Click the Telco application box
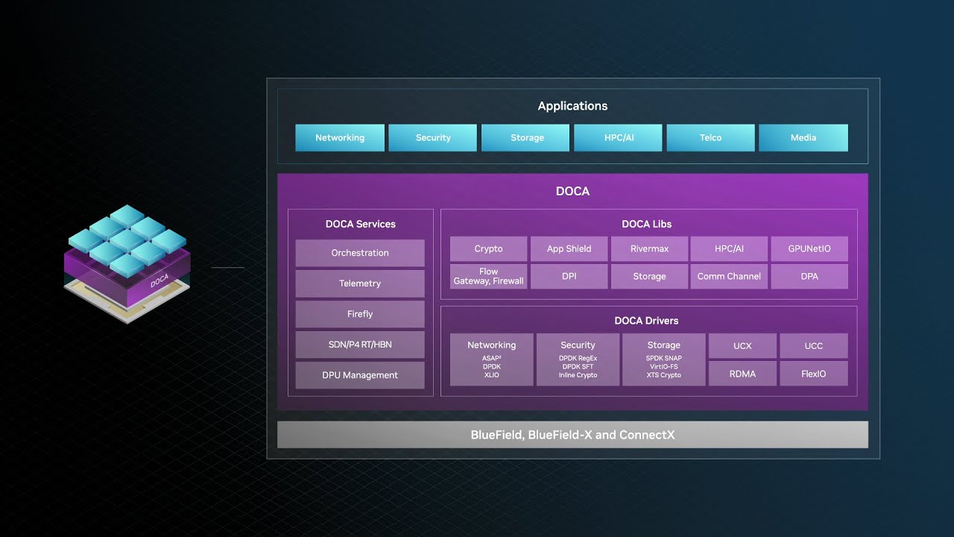coord(710,138)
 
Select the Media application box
coord(803,138)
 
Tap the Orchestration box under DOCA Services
coord(360,253)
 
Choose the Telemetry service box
coord(360,283)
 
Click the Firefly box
coord(360,314)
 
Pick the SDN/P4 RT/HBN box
coord(360,345)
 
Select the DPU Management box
coord(360,375)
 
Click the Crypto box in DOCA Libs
coord(489,249)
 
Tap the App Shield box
coord(569,249)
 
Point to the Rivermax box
coord(649,249)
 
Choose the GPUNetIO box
coord(809,249)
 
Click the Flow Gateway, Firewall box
coord(489,277)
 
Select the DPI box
coord(569,277)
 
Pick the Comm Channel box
coord(729,277)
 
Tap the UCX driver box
coord(742,346)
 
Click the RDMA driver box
coord(742,374)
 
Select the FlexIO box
coord(813,374)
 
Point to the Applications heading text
coord(572,106)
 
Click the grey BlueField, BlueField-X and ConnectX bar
coord(572,435)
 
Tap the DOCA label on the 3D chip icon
coord(159,282)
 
